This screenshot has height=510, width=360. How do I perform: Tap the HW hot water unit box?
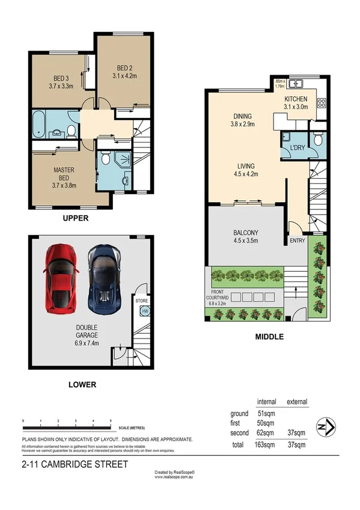tap(145, 310)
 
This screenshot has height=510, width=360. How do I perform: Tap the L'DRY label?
tap(296, 147)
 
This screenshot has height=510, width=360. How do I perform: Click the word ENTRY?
tap(297, 241)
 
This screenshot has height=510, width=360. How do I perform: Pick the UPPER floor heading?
tap(76, 219)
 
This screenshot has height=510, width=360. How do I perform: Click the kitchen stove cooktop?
tap(322, 103)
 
